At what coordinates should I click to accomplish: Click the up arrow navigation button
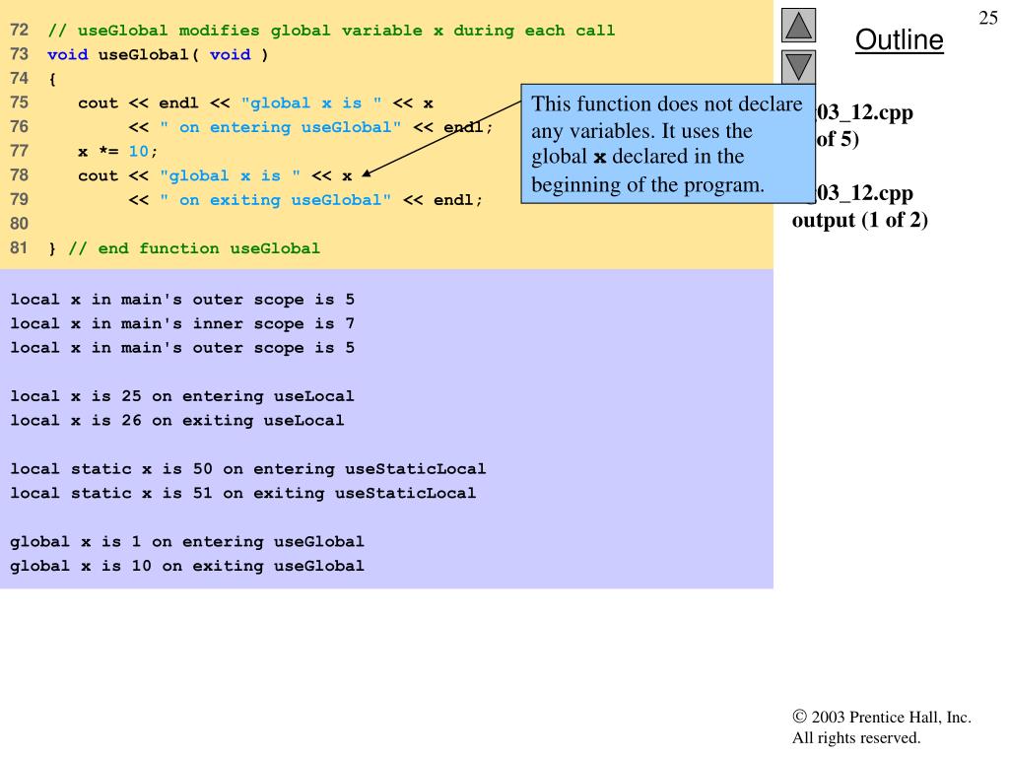(798, 26)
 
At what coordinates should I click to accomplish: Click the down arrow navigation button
(798, 68)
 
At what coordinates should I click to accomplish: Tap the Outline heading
(899, 40)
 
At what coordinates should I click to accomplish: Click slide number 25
(988, 17)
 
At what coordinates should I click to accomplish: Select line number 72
(19, 31)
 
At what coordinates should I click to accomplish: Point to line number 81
(19, 248)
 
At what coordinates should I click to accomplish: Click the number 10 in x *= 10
(138, 152)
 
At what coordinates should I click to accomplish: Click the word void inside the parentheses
(230, 54)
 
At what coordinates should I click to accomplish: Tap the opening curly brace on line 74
(51, 79)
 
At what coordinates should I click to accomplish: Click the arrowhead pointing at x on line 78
(367, 174)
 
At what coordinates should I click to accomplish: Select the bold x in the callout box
(599, 158)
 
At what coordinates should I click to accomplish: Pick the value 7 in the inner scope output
(350, 323)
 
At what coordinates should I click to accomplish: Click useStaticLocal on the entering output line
(415, 469)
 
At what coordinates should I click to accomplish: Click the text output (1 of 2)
(859, 220)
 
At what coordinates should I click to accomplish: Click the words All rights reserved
(855, 737)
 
